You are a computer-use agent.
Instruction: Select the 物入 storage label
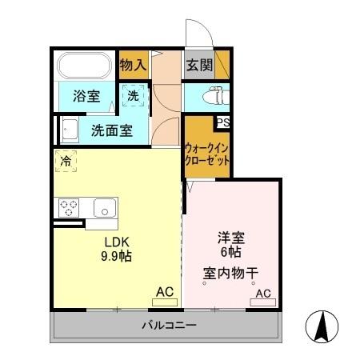(x=132, y=65)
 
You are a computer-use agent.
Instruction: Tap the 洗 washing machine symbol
(x=134, y=95)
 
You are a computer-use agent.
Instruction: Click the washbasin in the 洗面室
(x=68, y=128)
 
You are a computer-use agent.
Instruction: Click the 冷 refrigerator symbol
(x=66, y=160)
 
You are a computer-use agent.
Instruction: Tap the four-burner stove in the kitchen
(x=69, y=207)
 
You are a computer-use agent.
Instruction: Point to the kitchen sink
(x=105, y=207)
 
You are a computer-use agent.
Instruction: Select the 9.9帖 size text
(x=117, y=257)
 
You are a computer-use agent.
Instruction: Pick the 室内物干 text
(x=230, y=273)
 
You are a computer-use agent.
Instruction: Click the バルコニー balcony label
(x=169, y=326)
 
